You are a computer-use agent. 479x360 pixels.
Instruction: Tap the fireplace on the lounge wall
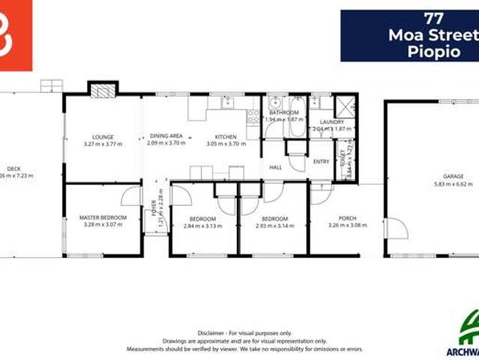click(x=103, y=91)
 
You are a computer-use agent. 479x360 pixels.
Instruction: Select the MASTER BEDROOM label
click(x=103, y=217)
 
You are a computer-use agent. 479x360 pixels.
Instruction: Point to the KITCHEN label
click(x=226, y=136)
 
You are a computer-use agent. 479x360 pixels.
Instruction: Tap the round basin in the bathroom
click(x=276, y=103)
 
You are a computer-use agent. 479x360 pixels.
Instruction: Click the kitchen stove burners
click(x=253, y=116)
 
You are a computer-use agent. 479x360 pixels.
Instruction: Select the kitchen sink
click(x=227, y=103)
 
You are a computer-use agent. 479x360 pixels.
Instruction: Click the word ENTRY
click(x=321, y=161)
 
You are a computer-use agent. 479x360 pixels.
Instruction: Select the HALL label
click(x=276, y=167)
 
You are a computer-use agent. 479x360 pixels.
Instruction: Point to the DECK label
click(x=13, y=169)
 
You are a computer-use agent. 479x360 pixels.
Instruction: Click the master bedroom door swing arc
click(x=132, y=196)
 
